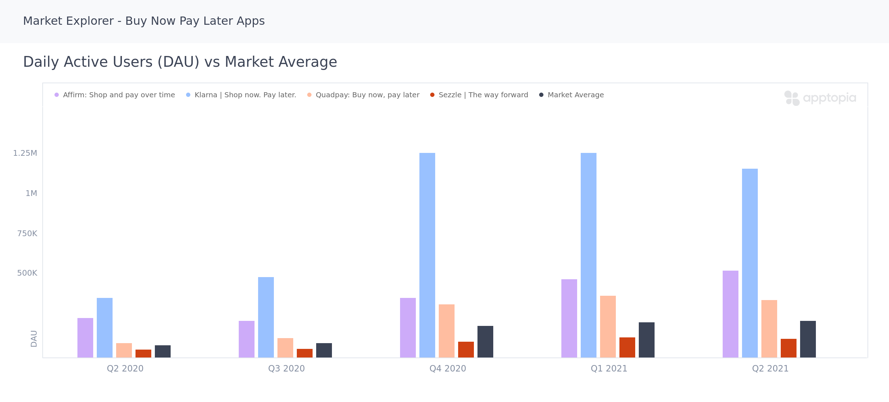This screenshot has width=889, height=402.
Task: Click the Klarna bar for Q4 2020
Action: pyautogui.click(x=427, y=255)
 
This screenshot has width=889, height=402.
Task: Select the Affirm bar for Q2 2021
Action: pyautogui.click(x=731, y=314)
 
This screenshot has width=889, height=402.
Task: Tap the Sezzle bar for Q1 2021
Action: pyautogui.click(x=627, y=347)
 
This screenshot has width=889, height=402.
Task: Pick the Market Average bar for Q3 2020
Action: pyautogui.click(x=324, y=350)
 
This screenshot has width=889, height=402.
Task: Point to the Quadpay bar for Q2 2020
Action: pyautogui.click(x=124, y=350)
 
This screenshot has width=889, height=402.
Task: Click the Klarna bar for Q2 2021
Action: pyautogui.click(x=750, y=263)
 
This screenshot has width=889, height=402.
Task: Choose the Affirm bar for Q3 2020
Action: pyautogui.click(x=247, y=339)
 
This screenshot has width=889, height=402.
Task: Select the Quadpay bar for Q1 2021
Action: pyautogui.click(x=608, y=327)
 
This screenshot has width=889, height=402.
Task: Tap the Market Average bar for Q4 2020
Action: pyautogui.click(x=485, y=342)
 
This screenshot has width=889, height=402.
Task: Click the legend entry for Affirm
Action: pyautogui.click(x=119, y=95)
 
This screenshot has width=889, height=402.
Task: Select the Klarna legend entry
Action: pyautogui.click(x=245, y=95)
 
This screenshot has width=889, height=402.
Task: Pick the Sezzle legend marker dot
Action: pyautogui.click(x=432, y=95)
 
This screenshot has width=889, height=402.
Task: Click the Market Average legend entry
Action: pyautogui.click(x=575, y=95)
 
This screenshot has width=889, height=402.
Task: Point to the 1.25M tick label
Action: pyautogui.click(x=25, y=153)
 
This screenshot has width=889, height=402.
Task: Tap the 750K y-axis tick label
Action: pyautogui.click(x=27, y=234)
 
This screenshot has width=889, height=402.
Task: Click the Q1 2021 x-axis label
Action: pyautogui.click(x=609, y=369)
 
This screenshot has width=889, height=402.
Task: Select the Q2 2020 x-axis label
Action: pyautogui.click(x=125, y=369)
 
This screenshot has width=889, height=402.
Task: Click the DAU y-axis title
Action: pyautogui.click(x=34, y=338)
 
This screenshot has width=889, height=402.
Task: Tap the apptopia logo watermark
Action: pyautogui.click(x=820, y=98)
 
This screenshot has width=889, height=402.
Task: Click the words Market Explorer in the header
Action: pyautogui.click(x=68, y=21)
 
